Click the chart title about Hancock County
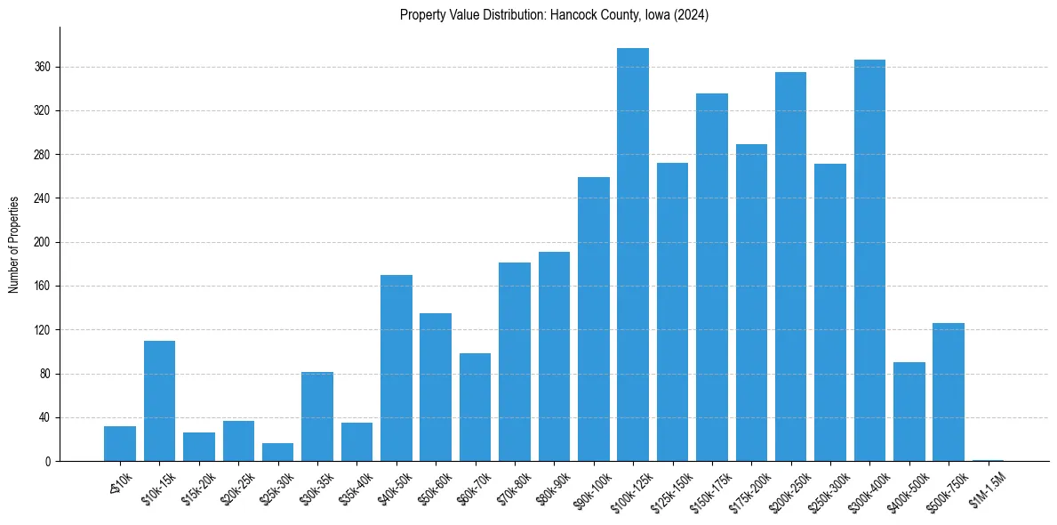click(554, 15)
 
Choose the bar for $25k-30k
click(277, 452)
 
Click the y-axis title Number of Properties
click(14, 244)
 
